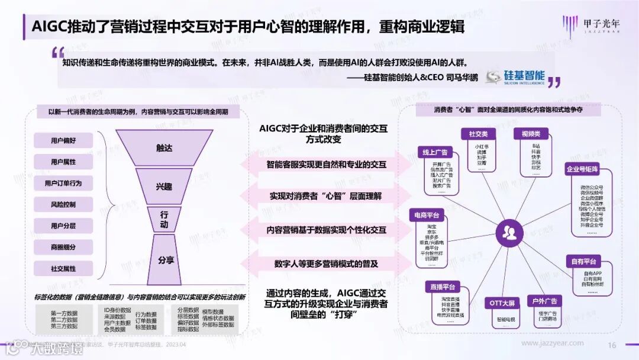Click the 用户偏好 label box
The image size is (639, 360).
tap(63, 140)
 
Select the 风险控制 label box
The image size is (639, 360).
tap(63, 204)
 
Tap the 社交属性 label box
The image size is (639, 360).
tap(63, 268)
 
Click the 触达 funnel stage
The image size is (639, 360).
tap(164, 148)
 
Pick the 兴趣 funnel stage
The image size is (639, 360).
tap(164, 187)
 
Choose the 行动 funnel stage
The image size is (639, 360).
tap(164, 220)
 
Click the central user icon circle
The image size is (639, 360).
tap(508, 232)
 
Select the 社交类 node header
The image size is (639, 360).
tap(478, 134)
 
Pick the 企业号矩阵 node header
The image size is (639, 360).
tap(583, 169)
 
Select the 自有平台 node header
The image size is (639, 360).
tap(583, 261)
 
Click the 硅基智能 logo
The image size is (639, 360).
tap(515, 77)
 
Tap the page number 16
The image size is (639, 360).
tap(612, 345)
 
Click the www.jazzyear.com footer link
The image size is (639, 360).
tap(552, 343)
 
